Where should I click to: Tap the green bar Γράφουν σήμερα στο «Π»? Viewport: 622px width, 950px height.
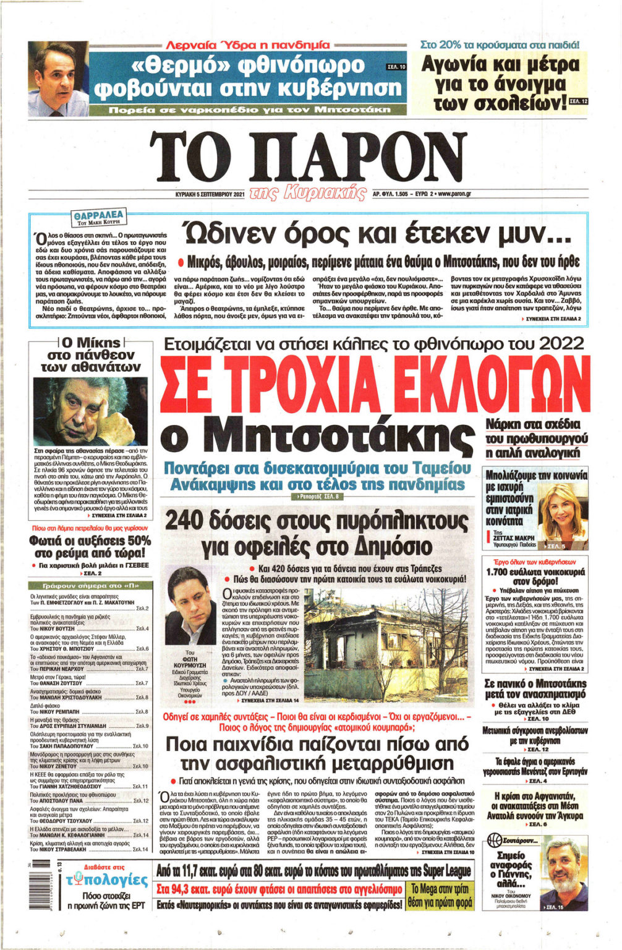[x=90, y=584]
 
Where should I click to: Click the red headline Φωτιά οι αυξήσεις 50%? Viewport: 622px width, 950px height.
[x=90, y=546]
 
